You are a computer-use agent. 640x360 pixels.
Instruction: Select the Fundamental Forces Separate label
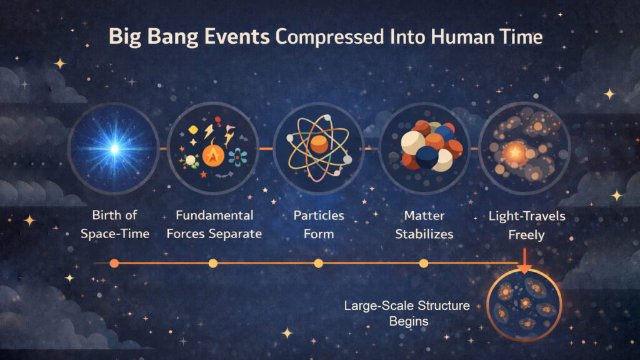point(214,225)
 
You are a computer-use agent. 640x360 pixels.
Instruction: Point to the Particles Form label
point(319,225)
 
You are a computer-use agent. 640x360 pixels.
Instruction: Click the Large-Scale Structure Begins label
point(407,313)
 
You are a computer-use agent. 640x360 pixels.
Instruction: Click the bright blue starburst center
point(114,149)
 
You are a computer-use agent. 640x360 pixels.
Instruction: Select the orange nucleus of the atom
point(319,146)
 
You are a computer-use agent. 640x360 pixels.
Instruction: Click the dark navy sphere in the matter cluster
point(427,157)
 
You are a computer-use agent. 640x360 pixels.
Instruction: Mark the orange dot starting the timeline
point(114,263)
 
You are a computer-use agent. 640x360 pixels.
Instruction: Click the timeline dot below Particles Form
point(319,263)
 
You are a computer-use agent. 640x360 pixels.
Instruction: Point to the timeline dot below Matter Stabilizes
point(423,263)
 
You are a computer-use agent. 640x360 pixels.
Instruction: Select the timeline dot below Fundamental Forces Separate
point(212,263)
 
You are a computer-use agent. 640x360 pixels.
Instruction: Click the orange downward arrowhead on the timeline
point(524,269)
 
